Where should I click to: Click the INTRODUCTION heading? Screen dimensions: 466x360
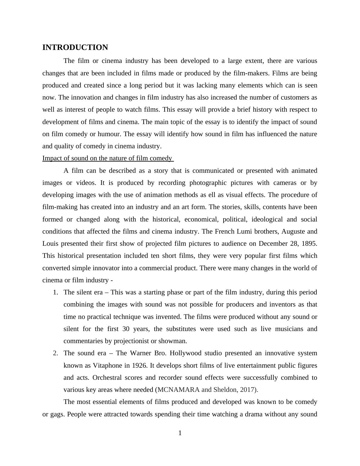tap(75, 48)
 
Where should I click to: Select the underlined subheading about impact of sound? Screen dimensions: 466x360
tap(107, 158)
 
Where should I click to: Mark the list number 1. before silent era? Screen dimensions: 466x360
tap(55, 292)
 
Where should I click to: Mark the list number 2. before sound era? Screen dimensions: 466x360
tap(55, 353)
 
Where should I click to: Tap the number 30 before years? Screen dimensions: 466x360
tap(126, 329)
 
